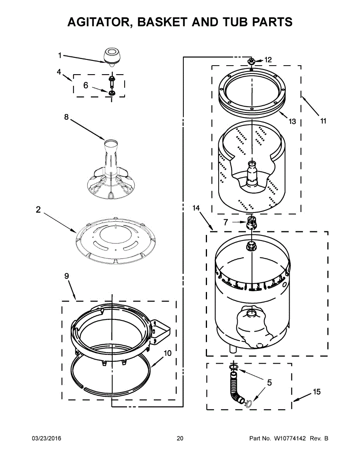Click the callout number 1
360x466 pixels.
point(59,56)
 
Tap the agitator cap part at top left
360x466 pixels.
point(111,57)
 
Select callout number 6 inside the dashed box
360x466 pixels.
point(86,85)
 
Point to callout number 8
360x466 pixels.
point(66,116)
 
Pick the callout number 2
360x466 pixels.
point(38,210)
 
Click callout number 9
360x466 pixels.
point(66,276)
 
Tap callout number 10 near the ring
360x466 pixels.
point(167,353)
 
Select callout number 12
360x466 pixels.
point(268,60)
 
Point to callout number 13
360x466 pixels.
point(292,122)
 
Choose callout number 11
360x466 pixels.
point(323,121)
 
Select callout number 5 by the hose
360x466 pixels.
point(269,383)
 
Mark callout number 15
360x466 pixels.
point(317,392)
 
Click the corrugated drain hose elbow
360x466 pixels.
point(236,388)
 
